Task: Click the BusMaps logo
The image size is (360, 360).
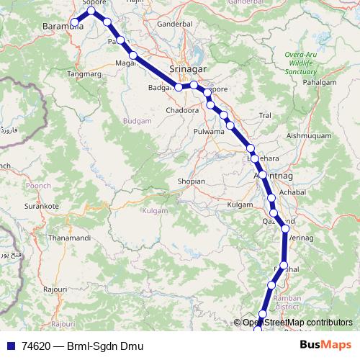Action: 325,346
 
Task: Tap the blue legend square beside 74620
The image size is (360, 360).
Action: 11,346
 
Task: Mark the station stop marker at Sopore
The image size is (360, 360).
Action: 91,11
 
